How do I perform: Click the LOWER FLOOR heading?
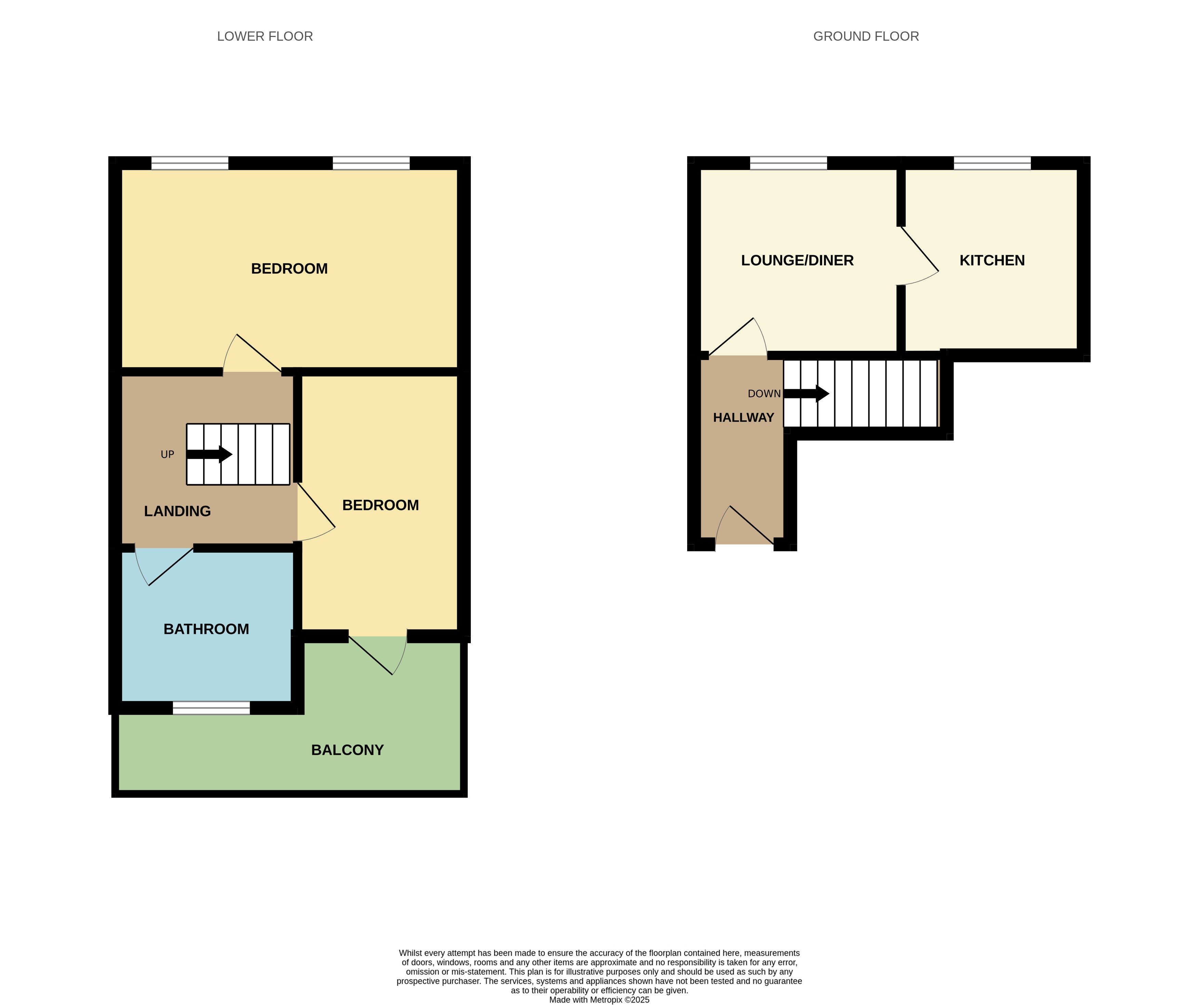265,37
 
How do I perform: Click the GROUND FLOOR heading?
866,37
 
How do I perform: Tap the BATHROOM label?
206,629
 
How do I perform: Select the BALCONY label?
347,750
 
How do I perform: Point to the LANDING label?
177,512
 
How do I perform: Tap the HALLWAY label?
743,418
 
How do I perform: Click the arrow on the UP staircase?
210,454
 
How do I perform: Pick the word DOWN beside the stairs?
764,394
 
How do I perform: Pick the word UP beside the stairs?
167,454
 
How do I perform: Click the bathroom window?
211,708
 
